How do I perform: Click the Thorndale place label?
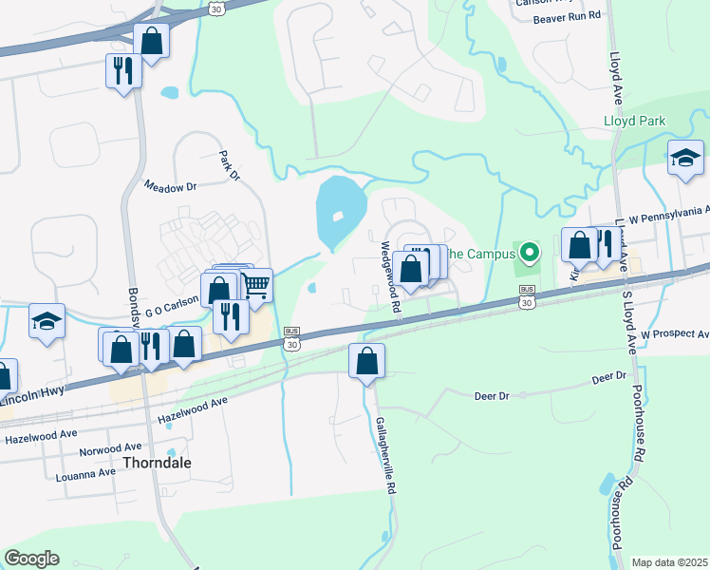coord(157,463)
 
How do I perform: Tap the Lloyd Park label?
coord(635,121)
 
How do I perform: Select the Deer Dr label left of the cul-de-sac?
coord(492,395)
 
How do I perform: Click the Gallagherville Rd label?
coord(387,456)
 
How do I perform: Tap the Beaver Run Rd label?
coord(568,17)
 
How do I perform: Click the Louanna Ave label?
coord(84,473)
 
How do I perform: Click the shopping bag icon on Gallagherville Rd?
coord(366,361)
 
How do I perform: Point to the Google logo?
coord(31,559)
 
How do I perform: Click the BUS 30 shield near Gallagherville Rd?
coord(292,340)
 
